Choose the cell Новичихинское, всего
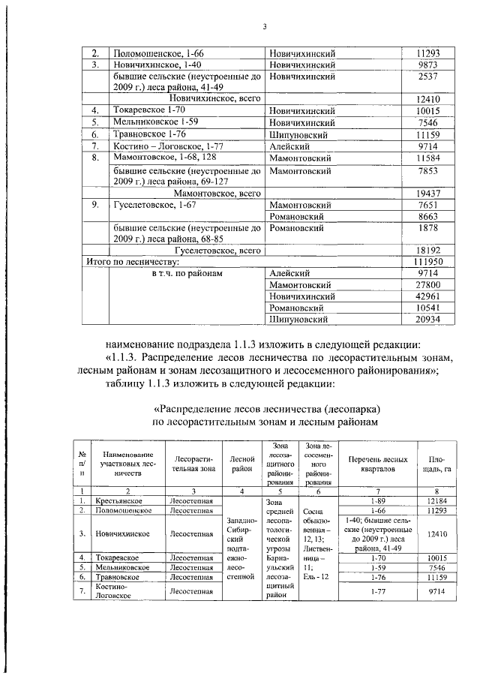(x=214, y=98)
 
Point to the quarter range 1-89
(x=378, y=500)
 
